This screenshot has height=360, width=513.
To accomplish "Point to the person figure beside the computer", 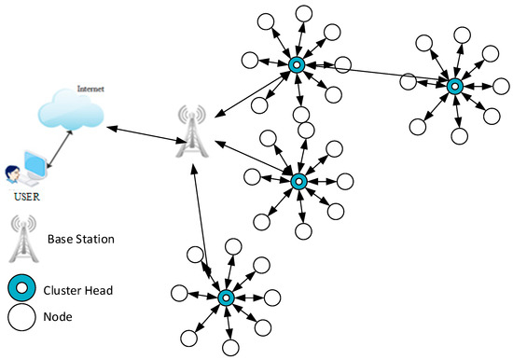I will click(x=11, y=174).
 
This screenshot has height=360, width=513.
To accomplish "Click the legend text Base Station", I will click(x=79, y=240).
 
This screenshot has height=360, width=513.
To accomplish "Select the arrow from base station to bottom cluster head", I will click(x=207, y=224).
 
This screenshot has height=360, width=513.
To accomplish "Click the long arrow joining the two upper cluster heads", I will click(x=373, y=75).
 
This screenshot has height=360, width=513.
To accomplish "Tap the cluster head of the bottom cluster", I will click(x=226, y=298).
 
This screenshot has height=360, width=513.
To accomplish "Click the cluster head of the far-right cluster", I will click(x=454, y=86).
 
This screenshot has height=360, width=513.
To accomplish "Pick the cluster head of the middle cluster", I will click(x=298, y=180).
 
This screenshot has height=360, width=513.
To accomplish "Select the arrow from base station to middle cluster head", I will click(x=252, y=160).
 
